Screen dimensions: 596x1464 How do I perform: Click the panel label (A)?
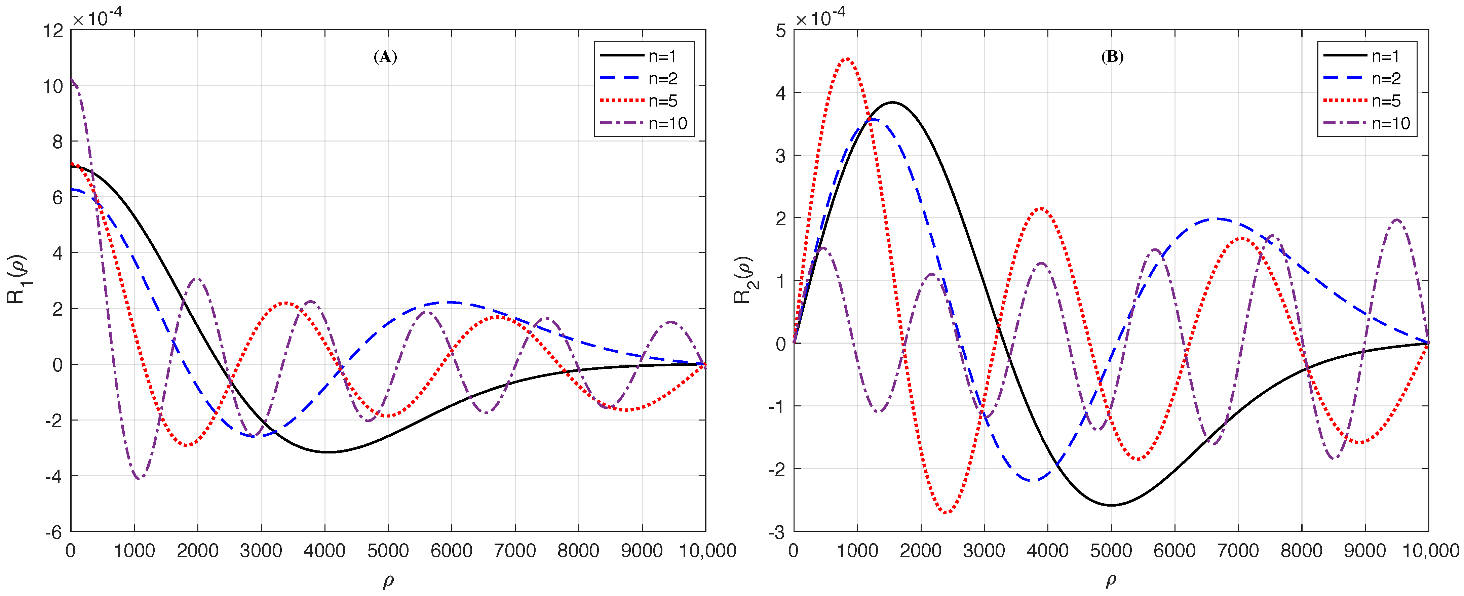[385, 57]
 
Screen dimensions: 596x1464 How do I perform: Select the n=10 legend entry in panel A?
[644, 123]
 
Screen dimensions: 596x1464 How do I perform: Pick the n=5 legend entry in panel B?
[1367, 101]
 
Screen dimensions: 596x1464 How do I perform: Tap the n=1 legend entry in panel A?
[644, 56]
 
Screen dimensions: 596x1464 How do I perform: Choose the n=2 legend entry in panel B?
[1367, 78]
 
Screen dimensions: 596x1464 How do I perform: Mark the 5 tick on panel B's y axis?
[781, 30]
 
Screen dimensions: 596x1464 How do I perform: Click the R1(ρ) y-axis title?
[17, 280]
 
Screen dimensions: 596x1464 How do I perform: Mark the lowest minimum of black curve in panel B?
[1111, 505]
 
